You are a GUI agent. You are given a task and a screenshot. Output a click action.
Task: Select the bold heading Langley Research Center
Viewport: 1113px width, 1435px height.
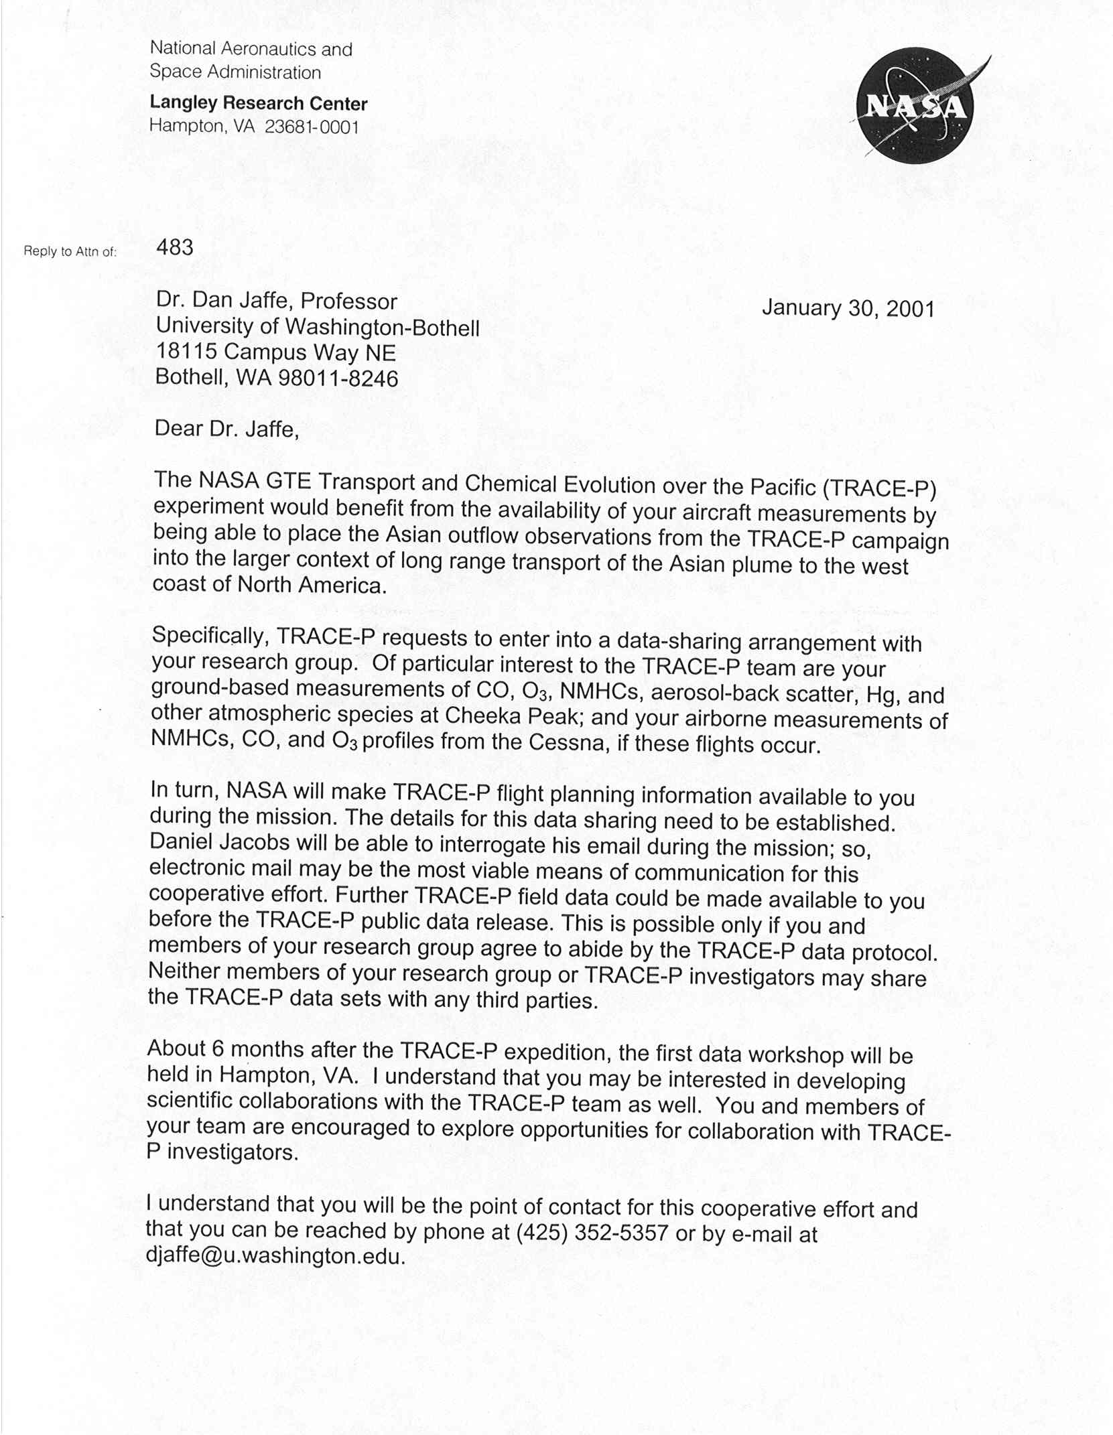[258, 103]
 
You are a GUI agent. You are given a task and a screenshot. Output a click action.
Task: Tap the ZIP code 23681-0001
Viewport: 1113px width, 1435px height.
[312, 127]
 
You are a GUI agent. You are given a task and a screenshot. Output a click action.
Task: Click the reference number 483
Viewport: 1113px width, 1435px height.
[175, 248]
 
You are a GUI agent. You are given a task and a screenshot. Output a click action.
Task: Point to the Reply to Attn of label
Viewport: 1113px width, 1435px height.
[70, 252]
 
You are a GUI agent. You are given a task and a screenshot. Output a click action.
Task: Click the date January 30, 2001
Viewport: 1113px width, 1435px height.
[848, 308]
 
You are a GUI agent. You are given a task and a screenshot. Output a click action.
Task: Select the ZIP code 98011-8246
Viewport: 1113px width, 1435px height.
[338, 379]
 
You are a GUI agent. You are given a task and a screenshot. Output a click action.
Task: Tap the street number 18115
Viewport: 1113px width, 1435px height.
[186, 352]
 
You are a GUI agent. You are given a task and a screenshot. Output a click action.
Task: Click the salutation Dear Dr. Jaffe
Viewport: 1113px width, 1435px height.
[226, 429]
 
